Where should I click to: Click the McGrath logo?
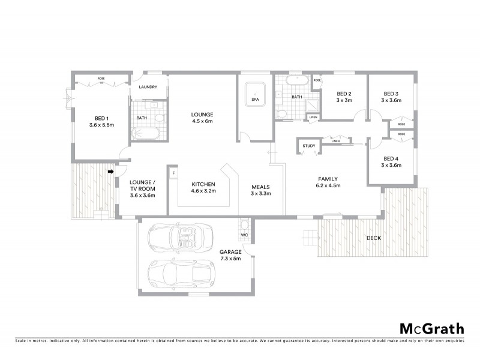click(431, 328)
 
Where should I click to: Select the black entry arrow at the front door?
click(111, 172)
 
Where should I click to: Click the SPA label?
click(255, 100)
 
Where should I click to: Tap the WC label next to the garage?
click(245, 235)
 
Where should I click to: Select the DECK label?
click(374, 238)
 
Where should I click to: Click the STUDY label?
click(309, 146)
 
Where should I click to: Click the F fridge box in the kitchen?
click(173, 173)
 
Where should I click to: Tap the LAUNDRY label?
click(148, 87)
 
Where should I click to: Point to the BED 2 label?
click(343, 97)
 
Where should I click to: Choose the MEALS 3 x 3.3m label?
click(261, 190)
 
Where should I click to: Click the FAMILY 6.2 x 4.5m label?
click(328, 182)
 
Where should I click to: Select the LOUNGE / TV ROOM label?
click(143, 188)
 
